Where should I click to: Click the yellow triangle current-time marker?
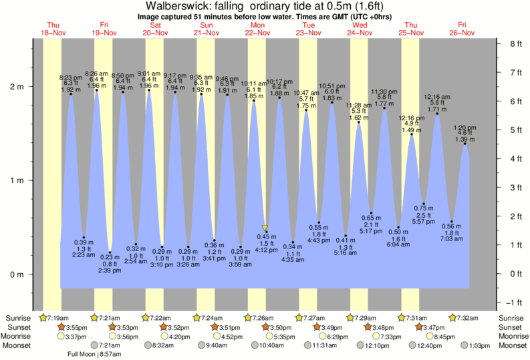pos(265,228)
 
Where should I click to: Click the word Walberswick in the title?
pos(176,7)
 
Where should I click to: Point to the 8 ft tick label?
pos(515,45)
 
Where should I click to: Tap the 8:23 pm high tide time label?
pos(71,77)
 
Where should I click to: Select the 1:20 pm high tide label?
pos(465,128)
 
